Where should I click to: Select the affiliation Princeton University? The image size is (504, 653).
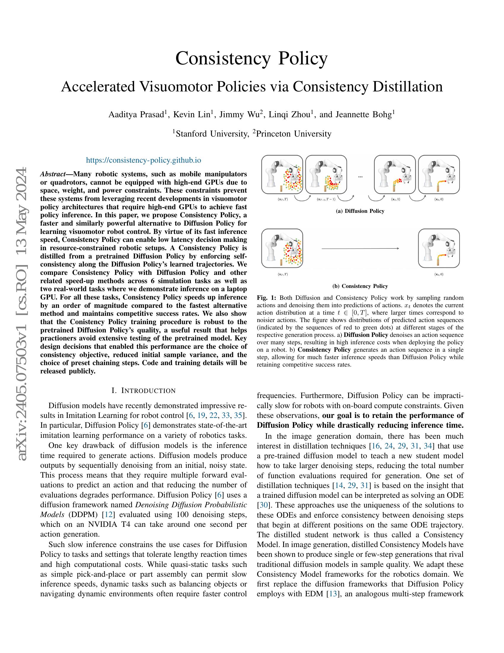tap(294, 134)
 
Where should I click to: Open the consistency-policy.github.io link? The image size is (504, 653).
tap(143, 160)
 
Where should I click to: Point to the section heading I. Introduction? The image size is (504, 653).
tap(143, 391)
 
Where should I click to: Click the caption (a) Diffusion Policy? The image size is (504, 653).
tap(360, 211)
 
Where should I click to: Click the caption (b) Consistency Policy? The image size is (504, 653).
tap(360, 286)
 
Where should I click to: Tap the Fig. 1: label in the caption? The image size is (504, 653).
tap(267, 298)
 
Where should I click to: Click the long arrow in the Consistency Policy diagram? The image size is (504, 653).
tap(360, 248)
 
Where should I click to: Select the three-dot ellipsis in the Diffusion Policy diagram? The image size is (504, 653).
tap(360, 177)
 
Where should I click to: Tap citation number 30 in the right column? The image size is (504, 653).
tap(263, 505)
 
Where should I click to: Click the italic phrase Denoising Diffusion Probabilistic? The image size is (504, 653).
tap(191, 505)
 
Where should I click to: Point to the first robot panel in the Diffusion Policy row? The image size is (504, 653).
tap(282, 175)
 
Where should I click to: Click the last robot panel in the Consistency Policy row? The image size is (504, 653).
tap(438, 248)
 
